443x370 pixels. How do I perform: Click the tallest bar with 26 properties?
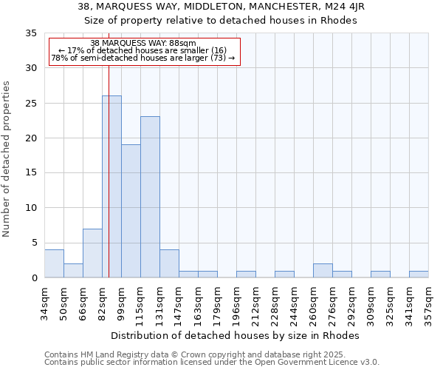111,186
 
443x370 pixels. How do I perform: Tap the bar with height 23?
150,197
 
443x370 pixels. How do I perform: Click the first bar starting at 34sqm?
54,263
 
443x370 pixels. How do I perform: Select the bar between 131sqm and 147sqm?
169,263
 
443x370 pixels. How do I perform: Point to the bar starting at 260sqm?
323,270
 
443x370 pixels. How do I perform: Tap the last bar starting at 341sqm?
419,274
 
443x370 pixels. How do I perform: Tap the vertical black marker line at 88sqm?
109,185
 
